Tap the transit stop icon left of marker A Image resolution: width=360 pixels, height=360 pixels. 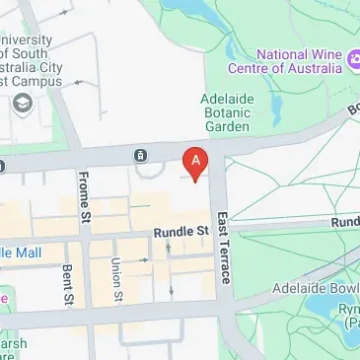[x=141, y=155]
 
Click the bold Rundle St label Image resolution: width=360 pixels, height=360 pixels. [x=181, y=232]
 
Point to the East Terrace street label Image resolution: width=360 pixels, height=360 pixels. [x=224, y=248]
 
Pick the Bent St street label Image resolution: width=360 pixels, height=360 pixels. [x=66, y=284]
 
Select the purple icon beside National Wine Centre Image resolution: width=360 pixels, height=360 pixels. [x=350, y=61]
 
